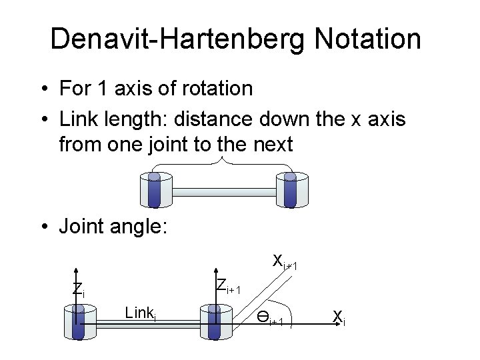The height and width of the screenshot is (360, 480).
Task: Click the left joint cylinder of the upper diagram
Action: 155,190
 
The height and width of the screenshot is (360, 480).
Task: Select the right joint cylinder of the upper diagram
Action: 289,190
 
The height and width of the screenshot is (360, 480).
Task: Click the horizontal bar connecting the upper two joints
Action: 222,193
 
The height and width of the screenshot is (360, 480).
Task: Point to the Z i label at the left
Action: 78,290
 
